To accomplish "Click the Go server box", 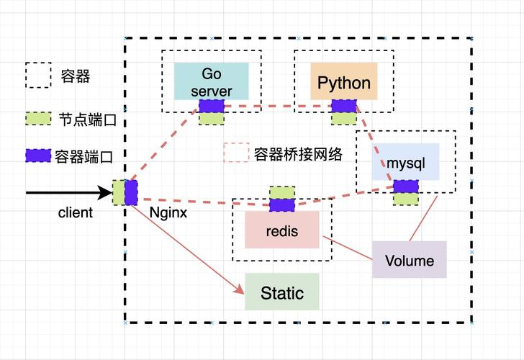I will coord(211,81).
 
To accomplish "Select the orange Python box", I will coord(343,81).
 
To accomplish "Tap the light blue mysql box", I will coord(405,162).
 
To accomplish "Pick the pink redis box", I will coord(281,230).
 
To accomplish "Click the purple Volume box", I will coord(409,260).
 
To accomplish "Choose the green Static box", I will coord(281,292).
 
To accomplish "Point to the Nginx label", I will coord(168,212).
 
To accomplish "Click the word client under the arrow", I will coord(76,212).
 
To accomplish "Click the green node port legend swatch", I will coord(38,118).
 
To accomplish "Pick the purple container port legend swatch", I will coord(38,155).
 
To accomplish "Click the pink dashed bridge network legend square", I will coord(235,153).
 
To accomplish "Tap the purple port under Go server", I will coord(212,106).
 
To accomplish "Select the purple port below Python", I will coord(344,107).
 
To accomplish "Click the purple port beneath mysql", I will coord(405,186).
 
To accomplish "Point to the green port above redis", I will coord(281,192).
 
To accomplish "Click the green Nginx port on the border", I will coord(118,192).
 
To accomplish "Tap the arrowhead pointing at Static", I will coord(240,290).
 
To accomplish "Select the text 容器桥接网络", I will coord(297,153).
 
